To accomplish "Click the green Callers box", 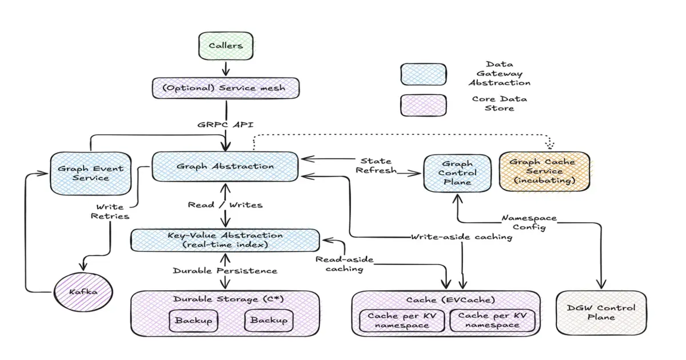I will click(225, 46).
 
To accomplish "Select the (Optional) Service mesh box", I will click(226, 89).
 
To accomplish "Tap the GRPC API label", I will click(226, 124).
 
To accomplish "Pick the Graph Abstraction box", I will click(225, 166).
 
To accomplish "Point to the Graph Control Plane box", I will click(457, 173).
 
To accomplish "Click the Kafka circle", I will click(84, 292).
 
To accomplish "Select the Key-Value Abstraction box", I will click(225, 240).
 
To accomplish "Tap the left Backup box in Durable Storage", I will click(194, 321).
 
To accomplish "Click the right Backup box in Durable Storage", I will click(269, 321).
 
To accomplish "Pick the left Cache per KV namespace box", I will click(402, 321).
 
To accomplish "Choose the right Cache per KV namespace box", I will click(492, 321).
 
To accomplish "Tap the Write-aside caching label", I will click(461, 237).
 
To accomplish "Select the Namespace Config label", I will click(529, 222).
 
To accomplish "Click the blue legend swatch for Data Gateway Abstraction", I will click(423, 74).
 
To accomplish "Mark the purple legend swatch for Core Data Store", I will click(423, 106).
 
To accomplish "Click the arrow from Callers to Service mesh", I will click(225, 68).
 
